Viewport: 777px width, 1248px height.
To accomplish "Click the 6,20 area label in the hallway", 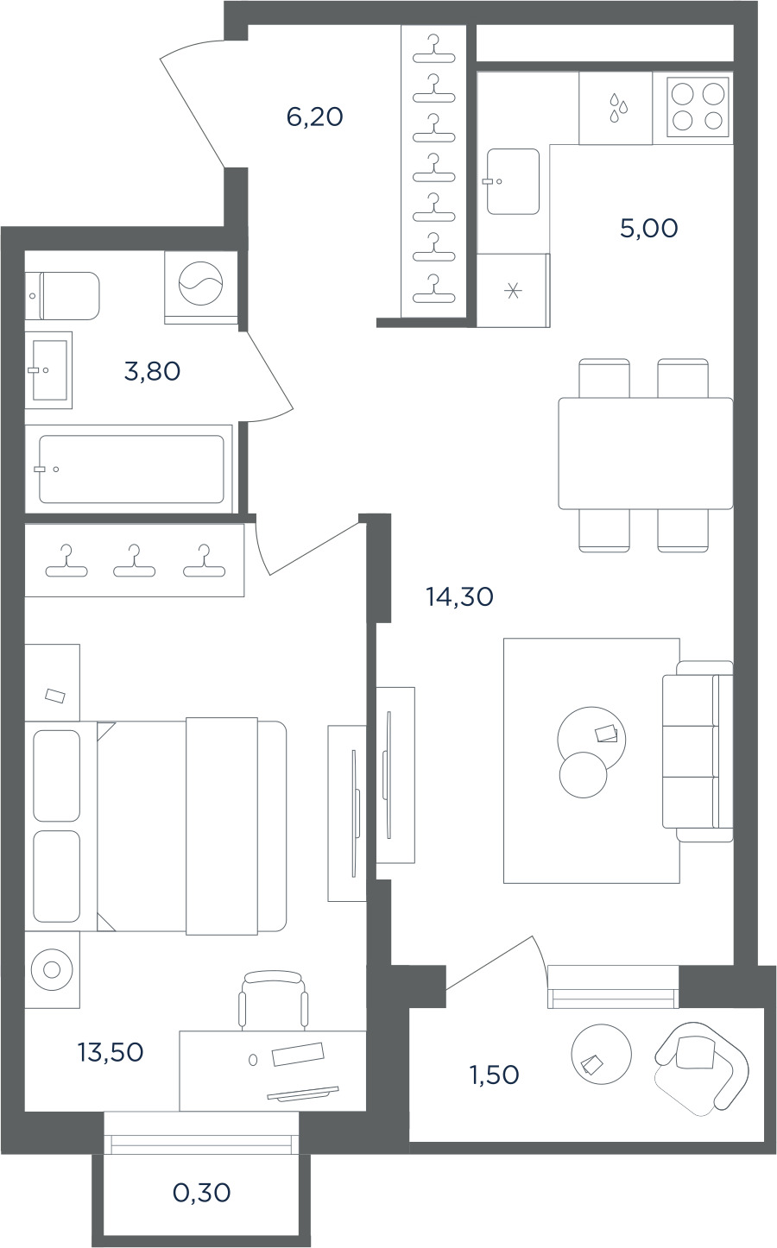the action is coord(314,117).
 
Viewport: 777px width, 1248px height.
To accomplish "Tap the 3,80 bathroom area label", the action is coord(152,371).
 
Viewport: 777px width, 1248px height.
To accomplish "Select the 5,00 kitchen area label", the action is coord(649,229).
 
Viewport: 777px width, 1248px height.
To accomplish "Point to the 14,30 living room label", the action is coord(460,597).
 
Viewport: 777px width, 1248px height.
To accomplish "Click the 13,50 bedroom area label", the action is coord(111,1052).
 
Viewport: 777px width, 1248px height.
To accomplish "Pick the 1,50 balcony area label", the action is coord(495,1075).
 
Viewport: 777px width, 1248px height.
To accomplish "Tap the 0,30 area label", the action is coord(201,1193).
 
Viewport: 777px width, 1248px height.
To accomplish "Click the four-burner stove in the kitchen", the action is coord(698,107).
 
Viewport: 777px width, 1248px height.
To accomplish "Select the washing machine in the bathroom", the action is coord(201,287).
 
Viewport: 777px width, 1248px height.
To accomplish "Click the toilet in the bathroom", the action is coord(62,296).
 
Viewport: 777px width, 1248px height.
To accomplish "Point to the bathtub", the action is coord(131,470).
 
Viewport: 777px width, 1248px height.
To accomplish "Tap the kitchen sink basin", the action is coord(513,181).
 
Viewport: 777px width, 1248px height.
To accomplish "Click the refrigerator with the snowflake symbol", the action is coord(514,290).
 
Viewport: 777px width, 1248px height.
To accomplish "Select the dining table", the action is coord(646,453).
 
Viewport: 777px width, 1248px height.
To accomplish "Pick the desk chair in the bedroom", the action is coord(273,1001).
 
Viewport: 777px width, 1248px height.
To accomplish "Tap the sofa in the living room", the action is coord(698,752).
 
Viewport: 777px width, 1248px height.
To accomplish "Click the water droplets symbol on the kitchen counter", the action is coord(617,108).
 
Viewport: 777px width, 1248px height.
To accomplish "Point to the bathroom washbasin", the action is coord(48,370).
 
